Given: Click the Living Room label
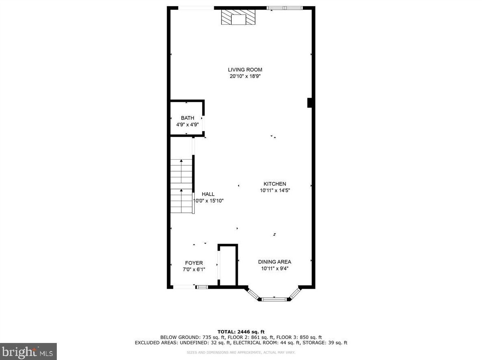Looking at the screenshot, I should click(245, 70).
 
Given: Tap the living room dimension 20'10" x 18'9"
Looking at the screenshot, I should click(245, 76).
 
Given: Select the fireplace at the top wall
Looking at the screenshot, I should click(239, 18).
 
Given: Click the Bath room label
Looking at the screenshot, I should click(187, 118).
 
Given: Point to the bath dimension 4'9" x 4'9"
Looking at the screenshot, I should click(187, 125).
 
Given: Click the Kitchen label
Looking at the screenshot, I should click(275, 184).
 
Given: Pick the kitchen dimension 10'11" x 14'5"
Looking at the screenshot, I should click(275, 190).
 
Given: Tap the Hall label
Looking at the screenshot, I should click(208, 194).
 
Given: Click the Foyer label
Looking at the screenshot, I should click(194, 263).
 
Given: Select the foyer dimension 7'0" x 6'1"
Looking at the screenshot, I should click(194, 270).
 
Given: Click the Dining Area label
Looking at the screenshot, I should click(275, 262).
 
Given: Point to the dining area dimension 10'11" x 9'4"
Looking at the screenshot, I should click(275, 268).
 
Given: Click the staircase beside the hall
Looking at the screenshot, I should click(181, 186).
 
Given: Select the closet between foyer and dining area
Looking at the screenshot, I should click(228, 266).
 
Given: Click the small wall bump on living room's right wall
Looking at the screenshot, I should click(310, 103).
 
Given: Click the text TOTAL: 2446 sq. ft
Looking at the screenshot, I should click(241, 332).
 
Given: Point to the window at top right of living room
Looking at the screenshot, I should click(284, 8).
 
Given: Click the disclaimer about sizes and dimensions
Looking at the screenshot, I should click(241, 353).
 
